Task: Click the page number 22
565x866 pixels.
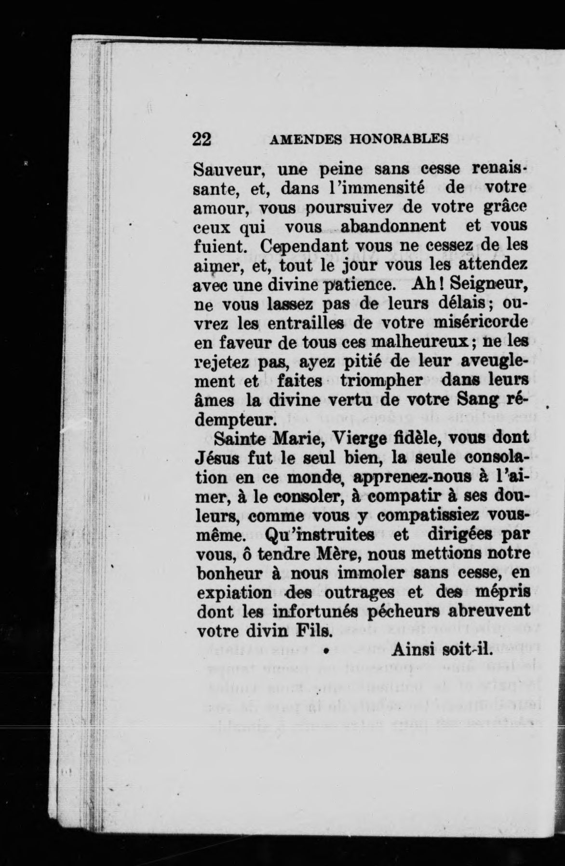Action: pos(202,139)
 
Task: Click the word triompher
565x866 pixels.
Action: pos(381,381)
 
